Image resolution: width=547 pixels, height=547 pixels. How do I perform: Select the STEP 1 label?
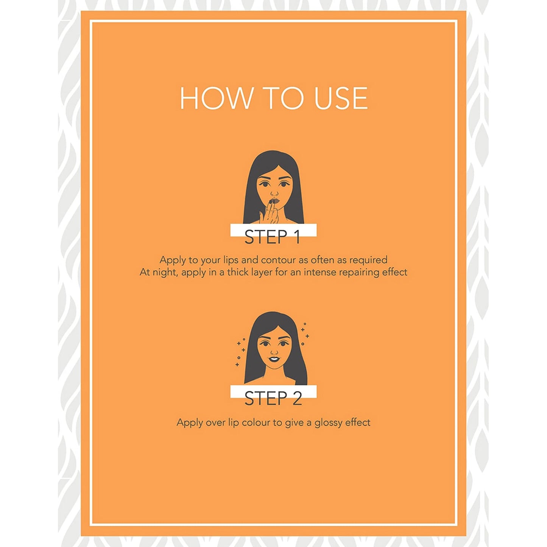[x=272, y=237]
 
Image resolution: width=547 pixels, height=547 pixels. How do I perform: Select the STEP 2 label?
[x=273, y=398]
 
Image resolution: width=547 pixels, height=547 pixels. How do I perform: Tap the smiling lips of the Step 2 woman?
[x=274, y=359]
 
